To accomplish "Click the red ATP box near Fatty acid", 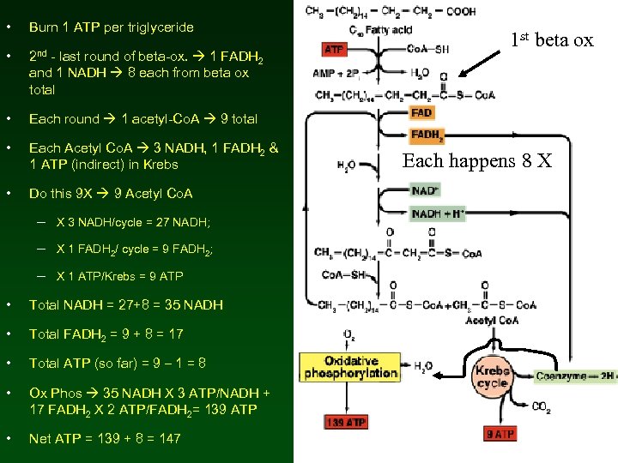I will (335, 50).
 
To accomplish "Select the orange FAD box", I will (421, 112).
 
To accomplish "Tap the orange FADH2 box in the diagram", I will (427, 135).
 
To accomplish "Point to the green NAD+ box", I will (425, 190).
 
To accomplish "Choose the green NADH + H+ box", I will (438, 213).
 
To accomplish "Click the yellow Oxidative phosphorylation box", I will (349, 367).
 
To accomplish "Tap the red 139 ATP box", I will (346, 422).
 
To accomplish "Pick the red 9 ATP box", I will (500, 434).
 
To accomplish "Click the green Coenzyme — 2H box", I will (575, 376).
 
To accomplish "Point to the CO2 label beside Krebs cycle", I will (542, 407).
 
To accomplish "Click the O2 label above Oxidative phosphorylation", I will (348, 334).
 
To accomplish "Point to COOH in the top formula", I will (459, 11).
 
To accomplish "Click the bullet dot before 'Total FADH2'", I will (8, 334).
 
